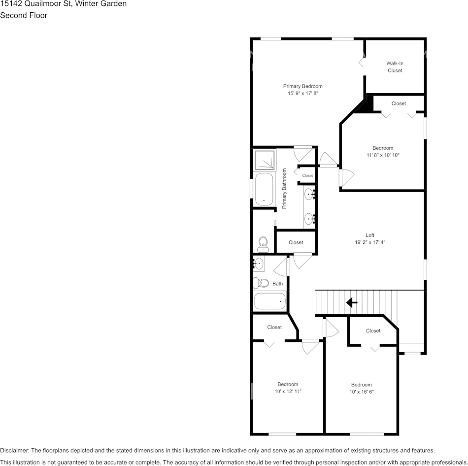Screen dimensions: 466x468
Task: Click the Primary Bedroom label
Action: (302, 86)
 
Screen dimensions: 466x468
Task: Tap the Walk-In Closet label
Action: (395, 67)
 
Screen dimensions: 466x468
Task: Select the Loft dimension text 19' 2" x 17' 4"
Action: (369, 242)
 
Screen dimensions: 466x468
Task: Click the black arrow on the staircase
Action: (352, 302)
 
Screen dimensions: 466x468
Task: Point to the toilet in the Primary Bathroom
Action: (263, 244)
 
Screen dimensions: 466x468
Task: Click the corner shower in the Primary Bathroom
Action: (265, 160)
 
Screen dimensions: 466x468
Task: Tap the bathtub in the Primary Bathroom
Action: (265, 189)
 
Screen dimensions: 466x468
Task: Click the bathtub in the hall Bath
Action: (269, 301)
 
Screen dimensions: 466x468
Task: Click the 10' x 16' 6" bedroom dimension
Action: (361, 392)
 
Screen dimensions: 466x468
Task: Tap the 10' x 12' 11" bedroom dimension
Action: (288, 391)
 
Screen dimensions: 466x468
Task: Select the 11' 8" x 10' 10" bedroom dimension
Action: (383, 155)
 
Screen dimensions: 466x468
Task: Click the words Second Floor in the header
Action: (24, 15)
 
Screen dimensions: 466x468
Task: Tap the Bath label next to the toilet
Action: (278, 284)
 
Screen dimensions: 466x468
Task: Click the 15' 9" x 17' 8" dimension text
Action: (302, 93)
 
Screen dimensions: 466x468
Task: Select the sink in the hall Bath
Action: (259, 264)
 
